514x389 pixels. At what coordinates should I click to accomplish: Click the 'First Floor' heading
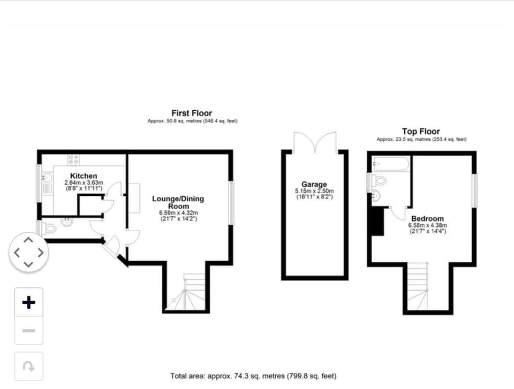coord(192,113)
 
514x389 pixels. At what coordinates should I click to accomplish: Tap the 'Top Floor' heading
coord(421,131)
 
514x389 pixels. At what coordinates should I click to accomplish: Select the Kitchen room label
coord(84,176)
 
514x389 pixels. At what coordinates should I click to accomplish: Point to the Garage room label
coord(314,185)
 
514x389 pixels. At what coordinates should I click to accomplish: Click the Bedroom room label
coord(427,218)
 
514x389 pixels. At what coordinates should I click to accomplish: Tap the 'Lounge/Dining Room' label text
coord(178,202)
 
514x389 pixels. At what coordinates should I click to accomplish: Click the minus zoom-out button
coord(28,331)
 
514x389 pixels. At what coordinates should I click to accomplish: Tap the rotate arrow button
coord(28,366)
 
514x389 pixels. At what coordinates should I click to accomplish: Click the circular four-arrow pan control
coord(28,251)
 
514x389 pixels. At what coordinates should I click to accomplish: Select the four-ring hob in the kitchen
coord(74,159)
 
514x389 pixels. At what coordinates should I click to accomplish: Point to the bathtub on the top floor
coord(390,163)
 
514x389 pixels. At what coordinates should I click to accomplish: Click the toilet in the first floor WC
coord(49,229)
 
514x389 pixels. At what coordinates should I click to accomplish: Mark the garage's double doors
coord(315,142)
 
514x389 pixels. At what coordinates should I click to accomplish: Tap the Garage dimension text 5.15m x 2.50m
coord(314,191)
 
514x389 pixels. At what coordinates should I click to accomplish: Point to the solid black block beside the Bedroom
coord(377,221)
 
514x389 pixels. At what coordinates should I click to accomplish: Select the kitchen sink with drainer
coord(47,181)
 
